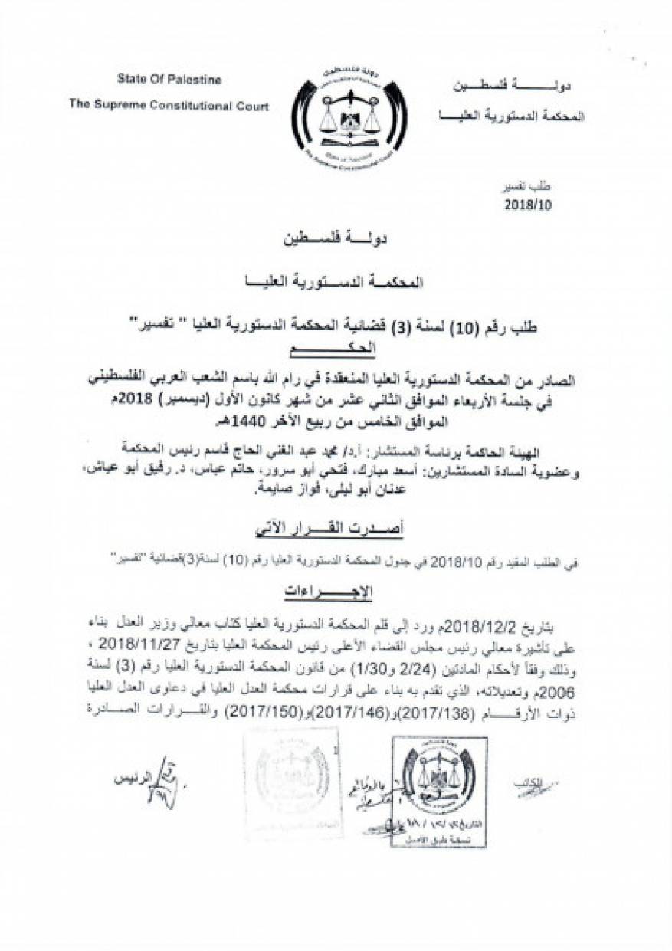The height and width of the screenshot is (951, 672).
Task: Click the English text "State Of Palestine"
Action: tap(169, 79)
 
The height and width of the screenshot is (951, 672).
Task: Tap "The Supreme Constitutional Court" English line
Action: tap(169, 105)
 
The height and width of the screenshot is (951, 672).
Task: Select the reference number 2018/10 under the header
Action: tap(529, 205)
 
